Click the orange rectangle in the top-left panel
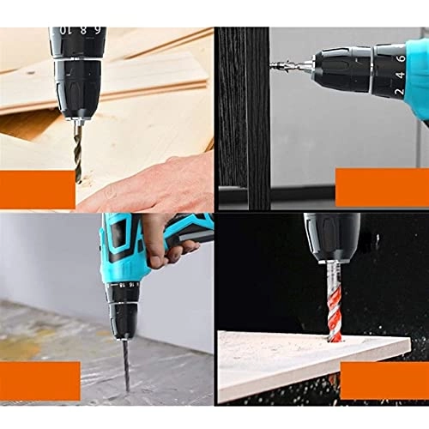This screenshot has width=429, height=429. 37,188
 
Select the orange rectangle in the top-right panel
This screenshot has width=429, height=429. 382,187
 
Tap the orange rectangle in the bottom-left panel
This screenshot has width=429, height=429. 39,380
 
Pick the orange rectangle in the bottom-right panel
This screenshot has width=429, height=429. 384,380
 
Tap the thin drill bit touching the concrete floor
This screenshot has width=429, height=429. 125,360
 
